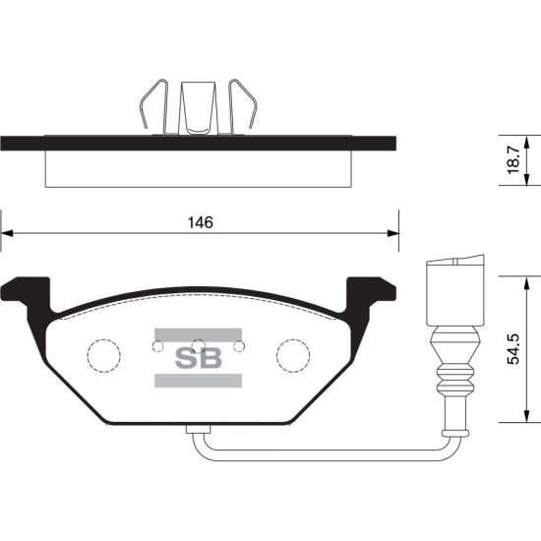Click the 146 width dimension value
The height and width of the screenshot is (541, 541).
click(201, 223)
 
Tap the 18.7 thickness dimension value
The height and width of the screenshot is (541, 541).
click(513, 159)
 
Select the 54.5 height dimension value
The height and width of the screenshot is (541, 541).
click(513, 349)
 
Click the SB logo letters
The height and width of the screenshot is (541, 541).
click(199, 358)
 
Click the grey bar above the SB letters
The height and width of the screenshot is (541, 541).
click(198, 334)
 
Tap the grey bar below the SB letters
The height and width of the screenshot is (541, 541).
click(198, 381)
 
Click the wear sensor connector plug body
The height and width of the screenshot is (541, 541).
click(455, 290)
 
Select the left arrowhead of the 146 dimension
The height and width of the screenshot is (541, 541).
click(7, 233)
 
